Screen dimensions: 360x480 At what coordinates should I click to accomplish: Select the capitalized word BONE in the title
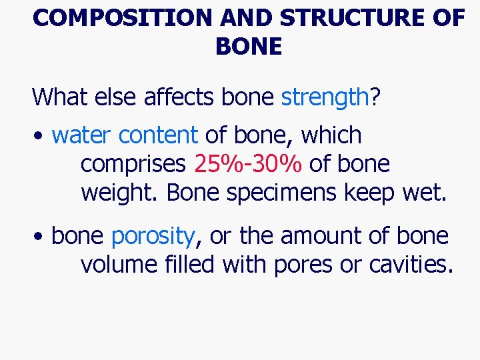(x=249, y=47)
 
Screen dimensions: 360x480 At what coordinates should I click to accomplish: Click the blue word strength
(x=325, y=97)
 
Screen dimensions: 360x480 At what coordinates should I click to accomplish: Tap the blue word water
(x=81, y=135)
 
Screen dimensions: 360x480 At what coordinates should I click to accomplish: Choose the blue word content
(x=158, y=135)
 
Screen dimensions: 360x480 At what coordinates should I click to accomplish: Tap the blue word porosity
(x=153, y=236)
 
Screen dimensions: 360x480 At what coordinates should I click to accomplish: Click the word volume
(x=118, y=265)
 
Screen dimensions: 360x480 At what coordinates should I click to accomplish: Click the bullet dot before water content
(x=41, y=136)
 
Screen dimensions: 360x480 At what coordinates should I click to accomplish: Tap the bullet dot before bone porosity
(x=41, y=237)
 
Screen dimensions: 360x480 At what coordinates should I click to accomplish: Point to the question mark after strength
(x=375, y=97)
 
